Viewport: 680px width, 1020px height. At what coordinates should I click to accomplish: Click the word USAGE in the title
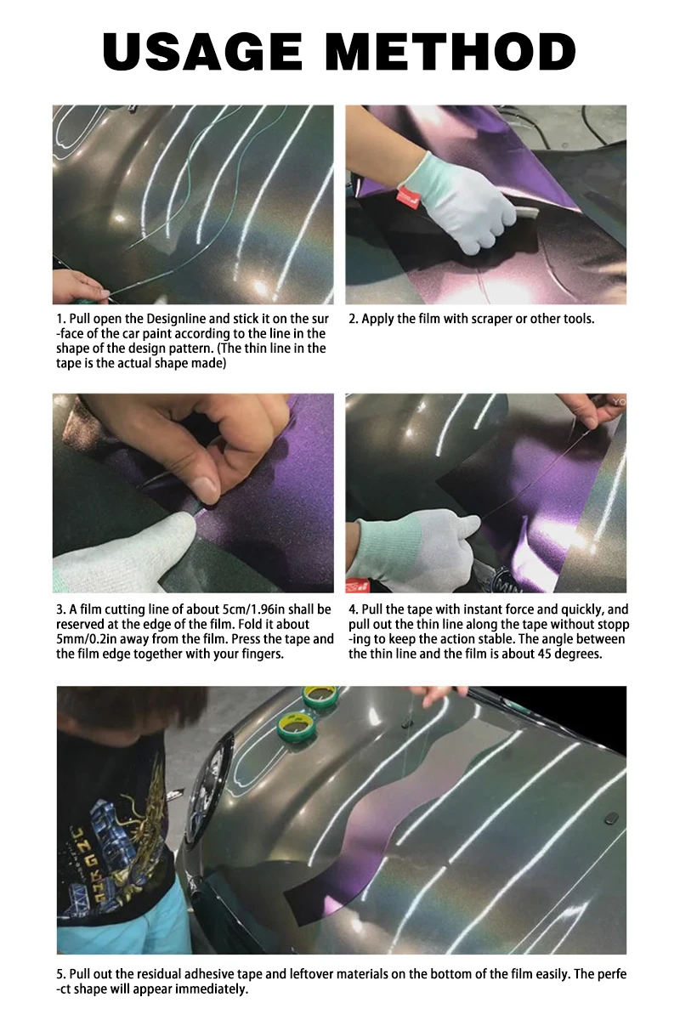coord(202,52)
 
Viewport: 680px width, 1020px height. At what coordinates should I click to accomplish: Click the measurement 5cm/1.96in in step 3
coord(254,609)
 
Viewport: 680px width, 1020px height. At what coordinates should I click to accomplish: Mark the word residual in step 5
coord(158,974)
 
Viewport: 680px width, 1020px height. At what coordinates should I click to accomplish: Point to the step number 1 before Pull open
coord(59,319)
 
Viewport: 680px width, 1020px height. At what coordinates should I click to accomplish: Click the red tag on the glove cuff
coord(405,195)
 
